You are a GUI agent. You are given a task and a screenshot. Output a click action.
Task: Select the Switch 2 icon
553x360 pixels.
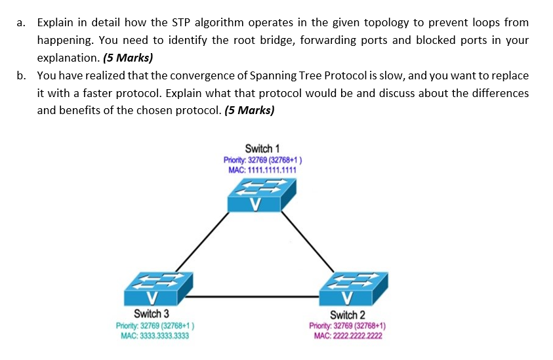pos(354,289)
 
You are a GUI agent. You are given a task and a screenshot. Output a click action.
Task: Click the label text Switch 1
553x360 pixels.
pos(262,149)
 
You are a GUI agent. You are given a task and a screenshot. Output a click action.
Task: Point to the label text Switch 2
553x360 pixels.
pos(348,315)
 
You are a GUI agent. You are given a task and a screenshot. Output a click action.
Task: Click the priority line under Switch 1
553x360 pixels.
pos(262,160)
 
